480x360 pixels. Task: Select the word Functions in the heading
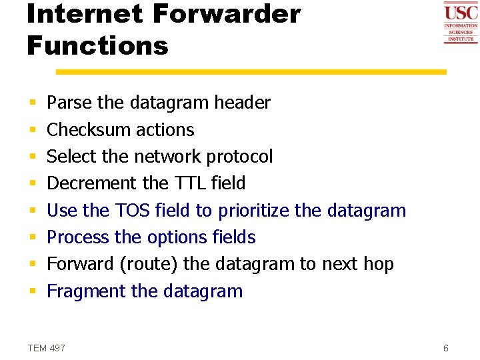tap(97, 46)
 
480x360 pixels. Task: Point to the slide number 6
tap(446, 348)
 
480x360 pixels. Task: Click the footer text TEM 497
tap(47, 348)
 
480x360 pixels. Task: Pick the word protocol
tap(239, 157)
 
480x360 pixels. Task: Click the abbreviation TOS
tap(133, 211)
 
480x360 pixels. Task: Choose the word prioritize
tap(253, 211)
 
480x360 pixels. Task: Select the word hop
tap(379, 264)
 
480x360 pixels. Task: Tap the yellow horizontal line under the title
tap(251, 71)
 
